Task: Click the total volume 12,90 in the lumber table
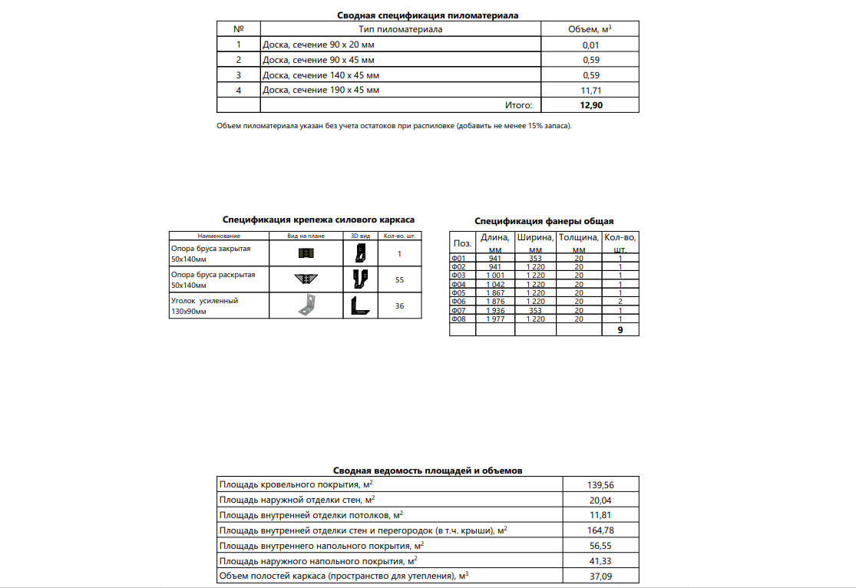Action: pos(591,105)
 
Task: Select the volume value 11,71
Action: pos(591,91)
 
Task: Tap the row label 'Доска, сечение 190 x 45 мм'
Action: pos(321,91)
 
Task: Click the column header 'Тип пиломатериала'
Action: pos(401,29)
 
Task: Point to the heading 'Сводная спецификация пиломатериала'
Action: pos(428,15)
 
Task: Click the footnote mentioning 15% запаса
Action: pos(395,125)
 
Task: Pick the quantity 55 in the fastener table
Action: pos(399,280)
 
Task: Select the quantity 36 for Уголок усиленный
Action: pos(399,306)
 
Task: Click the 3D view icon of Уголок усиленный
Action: pos(359,306)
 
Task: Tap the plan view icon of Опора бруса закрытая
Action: pos(306,253)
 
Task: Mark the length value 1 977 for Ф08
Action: pos(494,319)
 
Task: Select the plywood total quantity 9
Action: pos(620,329)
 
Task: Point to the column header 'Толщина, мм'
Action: pos(578,243)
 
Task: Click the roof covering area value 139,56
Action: pos(600,485)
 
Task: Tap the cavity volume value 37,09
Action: pos(600,576)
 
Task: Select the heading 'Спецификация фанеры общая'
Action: pos(544,221)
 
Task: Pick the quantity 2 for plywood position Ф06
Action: pos(620,301)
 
